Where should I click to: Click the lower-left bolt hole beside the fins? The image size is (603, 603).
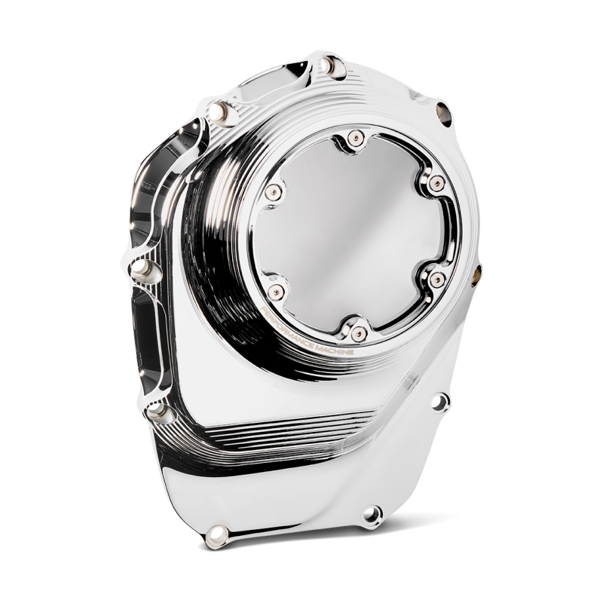point(158,409)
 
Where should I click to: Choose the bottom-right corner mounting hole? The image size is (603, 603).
point(369,516)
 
